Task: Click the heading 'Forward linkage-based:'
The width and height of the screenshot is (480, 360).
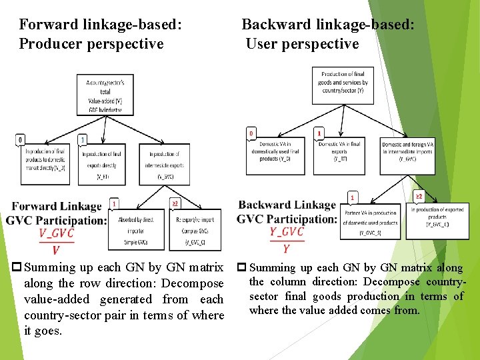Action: [x=100, y=25]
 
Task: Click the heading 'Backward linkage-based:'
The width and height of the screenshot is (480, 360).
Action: [x=327, y=25]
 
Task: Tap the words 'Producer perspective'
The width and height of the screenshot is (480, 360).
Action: [x=91, y=44]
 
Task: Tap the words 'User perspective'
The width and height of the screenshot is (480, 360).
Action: [x=302, y=44]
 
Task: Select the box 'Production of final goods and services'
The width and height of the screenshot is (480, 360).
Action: [x=343, y=83]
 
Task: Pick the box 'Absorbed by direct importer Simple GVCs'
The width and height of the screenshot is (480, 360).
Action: [x=136, y=230]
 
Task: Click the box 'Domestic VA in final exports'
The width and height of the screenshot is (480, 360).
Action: [x=340, y=152]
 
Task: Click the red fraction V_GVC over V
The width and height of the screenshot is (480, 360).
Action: [x=56, y=241]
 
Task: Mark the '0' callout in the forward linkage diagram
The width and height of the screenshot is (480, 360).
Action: [x=21, y=140]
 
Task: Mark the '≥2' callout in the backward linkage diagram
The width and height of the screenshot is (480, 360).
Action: [x=419, y=197]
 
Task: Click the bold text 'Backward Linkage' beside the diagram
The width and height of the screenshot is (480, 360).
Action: [x=287, y=205]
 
